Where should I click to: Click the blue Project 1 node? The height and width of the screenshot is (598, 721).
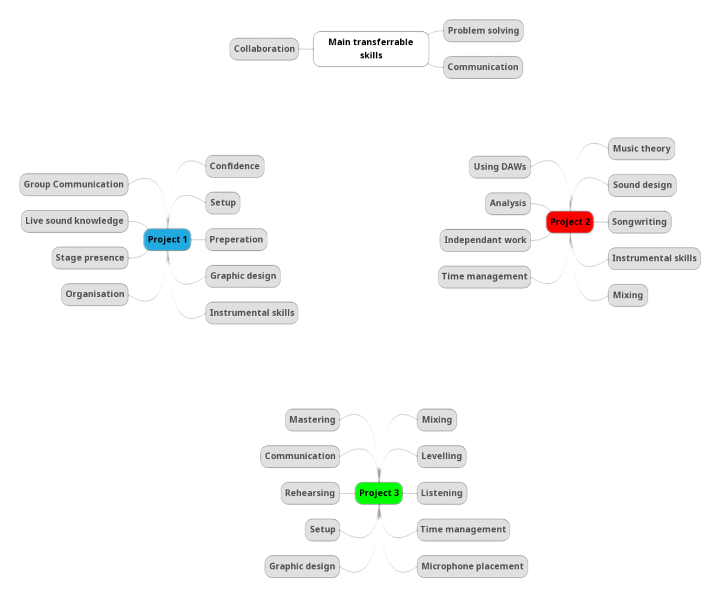point(168,239)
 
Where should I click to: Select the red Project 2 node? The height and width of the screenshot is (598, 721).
point(570,222)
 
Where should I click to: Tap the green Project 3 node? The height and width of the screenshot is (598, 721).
point(379,493)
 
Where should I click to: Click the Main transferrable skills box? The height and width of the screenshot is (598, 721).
point(371,49)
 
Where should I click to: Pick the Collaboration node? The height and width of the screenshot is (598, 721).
point(264,49)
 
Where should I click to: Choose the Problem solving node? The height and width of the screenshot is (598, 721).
point(483,31)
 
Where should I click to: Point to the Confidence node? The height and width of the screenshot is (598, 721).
point(234,166)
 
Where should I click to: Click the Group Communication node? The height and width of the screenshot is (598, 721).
point(74,185)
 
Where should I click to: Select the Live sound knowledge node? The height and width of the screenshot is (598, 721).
point(75,221)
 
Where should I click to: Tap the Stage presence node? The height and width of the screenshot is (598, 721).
point(90,257)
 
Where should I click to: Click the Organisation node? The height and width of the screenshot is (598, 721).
point(95,294)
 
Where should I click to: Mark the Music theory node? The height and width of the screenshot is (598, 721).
point(641,149)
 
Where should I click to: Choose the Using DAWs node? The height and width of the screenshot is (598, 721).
point(500,167)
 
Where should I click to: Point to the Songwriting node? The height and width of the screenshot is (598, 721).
point(639,222)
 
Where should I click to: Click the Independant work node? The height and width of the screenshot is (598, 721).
point(485,240)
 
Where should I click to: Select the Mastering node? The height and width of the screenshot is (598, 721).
point(312,420)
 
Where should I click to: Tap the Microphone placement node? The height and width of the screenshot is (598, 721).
point(472,566)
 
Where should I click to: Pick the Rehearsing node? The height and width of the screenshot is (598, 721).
point(309,493)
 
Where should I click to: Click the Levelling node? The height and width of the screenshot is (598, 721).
point(442,456)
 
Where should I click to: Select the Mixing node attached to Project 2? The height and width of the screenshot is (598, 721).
point(628,295)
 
